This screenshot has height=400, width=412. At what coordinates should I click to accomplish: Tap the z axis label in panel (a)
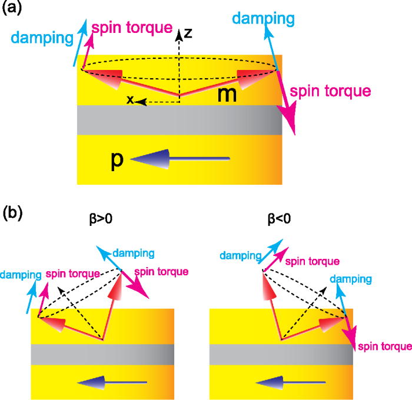[x=188, y=34]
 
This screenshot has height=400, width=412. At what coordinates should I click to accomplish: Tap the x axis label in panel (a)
[x=131, y=101]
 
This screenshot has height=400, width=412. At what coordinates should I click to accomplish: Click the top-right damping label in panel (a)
[x=263, y=19]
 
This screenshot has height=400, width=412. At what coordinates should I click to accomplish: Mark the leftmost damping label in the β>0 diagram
[x=21, y=274]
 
